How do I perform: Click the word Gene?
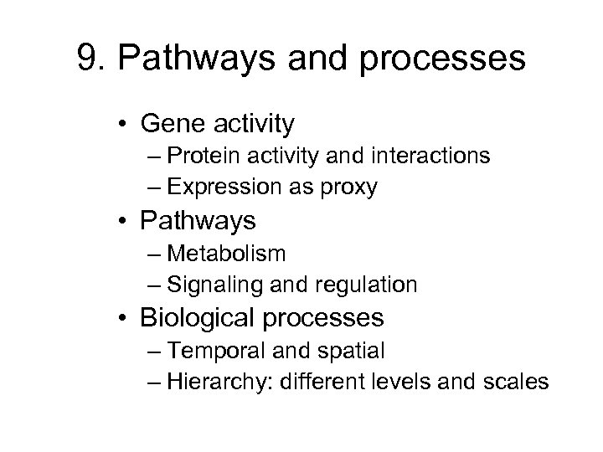172,125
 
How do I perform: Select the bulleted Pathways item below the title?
198,222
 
